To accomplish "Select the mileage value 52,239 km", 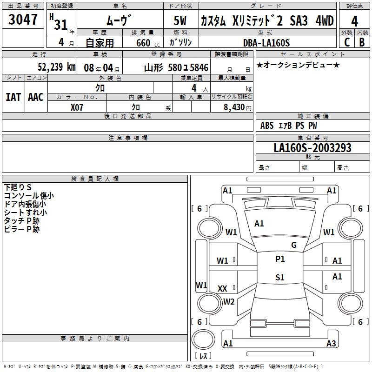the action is tap(56, 66).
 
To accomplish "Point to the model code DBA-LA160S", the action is tap(266, 43).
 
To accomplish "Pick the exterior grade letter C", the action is tap(346, 42).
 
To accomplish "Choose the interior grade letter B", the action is tap(362, 42).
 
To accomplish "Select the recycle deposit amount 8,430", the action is tap(234, 107).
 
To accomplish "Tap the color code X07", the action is tap(77, 107).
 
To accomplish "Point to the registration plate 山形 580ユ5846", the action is tap(176, 67).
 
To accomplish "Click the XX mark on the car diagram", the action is tap(222, 289).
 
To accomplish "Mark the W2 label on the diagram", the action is tap(229, 301).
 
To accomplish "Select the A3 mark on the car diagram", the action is tap(331, 344).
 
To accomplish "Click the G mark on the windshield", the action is tap(293, 245).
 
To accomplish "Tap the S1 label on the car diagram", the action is tap(279, 278).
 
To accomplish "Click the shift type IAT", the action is tap(13, 97).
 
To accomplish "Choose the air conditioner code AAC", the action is tap(35, 97).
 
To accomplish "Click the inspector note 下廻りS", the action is tap(18, 187).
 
